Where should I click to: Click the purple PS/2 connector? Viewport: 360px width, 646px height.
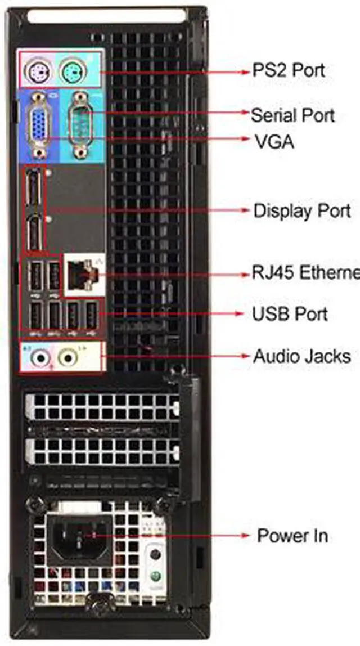point(39,71)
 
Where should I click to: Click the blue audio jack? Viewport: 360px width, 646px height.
point(39,357)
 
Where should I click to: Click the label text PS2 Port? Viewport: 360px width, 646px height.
point(289,71)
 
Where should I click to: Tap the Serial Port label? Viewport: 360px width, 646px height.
point(292,115)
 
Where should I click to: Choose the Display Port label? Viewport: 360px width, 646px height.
point(302,211)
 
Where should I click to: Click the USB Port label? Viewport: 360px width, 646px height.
point(290,313)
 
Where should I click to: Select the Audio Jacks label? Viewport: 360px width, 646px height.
point(301,356)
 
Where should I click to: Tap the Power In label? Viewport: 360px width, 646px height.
point(292,535)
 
